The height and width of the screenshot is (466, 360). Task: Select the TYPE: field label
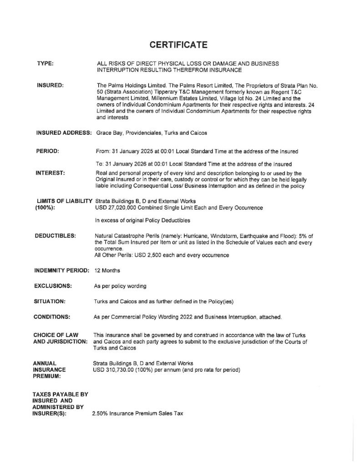coord(45,63)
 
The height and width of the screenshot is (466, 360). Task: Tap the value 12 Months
coord(107,270)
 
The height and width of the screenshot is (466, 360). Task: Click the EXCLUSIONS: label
coord(52,286)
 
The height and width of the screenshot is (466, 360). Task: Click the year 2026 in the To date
coord(137,164)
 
